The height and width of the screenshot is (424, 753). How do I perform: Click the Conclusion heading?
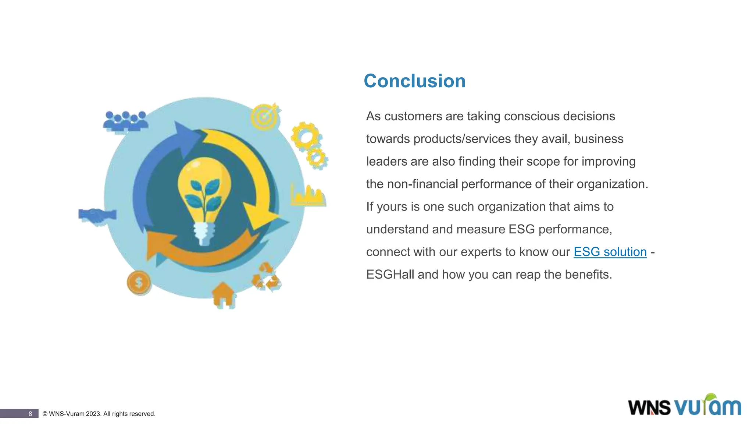point(414,81)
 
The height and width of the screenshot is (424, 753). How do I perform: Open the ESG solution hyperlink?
point(610,252)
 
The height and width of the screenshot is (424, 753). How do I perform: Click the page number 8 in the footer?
point(30,414)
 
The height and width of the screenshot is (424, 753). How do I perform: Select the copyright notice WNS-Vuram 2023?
point(99,414)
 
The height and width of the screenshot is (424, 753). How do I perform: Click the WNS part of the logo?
point(649,407)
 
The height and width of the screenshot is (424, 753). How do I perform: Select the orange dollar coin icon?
point(139,283)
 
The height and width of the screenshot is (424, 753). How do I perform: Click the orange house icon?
point(223,294)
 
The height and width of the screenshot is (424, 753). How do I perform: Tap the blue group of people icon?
point(125,121)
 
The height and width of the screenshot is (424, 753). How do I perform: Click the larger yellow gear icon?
point(304,135)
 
